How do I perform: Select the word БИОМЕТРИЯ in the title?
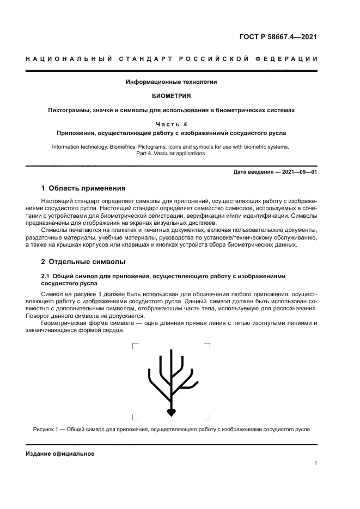[171, 96]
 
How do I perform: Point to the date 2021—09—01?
[298, 173]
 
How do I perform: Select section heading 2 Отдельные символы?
[83, 262]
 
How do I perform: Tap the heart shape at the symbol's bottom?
[171, 413]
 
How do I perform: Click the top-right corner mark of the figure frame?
[208, 345]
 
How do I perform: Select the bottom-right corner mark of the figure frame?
[208, 417]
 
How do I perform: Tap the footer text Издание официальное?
[60, 453]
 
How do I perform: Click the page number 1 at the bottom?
[315, 463]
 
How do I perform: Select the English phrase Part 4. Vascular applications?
[171, 154]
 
